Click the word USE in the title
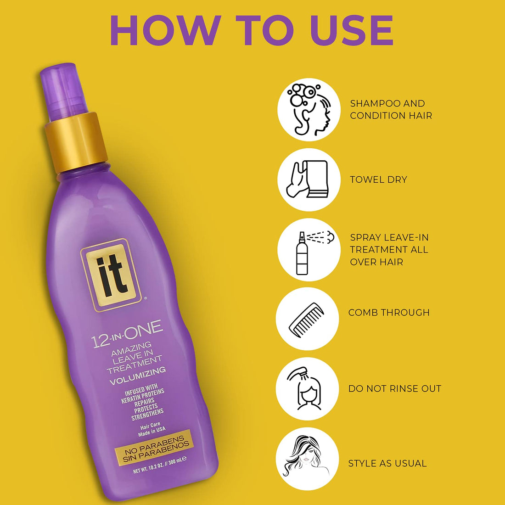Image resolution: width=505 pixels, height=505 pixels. pos(352,30)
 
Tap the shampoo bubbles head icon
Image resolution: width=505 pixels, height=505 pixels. pos(309,110)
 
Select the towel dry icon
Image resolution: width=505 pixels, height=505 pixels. pos(309,180)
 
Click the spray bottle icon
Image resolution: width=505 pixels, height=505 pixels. pos(309,250)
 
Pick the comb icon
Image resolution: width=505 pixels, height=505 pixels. pos(307,319)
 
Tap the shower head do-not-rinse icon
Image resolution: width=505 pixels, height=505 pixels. pos(307,389)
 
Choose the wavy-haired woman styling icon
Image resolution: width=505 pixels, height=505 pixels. pos(307,459)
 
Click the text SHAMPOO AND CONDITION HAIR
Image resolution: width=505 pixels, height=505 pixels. pos(391,110)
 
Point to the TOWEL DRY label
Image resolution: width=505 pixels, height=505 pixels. pos(378,180)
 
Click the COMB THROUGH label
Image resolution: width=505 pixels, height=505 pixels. pos(389,313)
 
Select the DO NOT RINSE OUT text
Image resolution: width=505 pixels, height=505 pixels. pos(394,389)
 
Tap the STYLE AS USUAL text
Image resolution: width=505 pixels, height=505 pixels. pos(387,463)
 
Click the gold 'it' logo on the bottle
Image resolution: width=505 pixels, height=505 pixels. pos(111,274)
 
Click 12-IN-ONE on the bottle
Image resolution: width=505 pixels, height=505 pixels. pos(127,335)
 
